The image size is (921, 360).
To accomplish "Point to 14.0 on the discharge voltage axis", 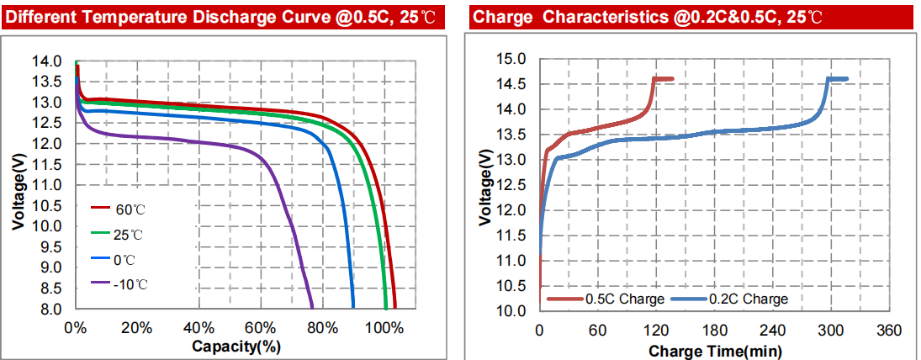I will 46,61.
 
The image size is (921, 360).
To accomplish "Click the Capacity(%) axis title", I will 236,346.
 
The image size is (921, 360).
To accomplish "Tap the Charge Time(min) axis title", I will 715,349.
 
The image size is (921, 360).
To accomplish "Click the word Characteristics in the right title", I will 608,15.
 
